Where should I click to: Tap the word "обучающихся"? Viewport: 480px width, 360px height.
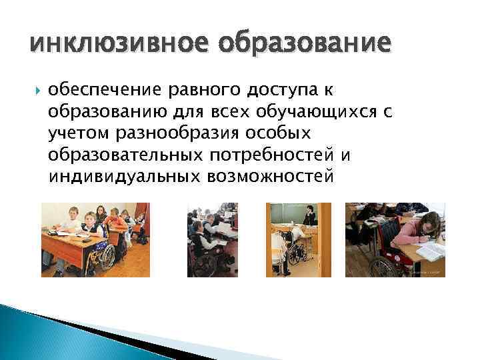[x=317, y=111]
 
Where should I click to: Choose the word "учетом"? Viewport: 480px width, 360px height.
[x=79, y=133]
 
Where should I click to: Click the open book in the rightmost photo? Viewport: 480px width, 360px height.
[x=430, y=251]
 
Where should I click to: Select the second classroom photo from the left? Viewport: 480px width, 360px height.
[x=213, y=239]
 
